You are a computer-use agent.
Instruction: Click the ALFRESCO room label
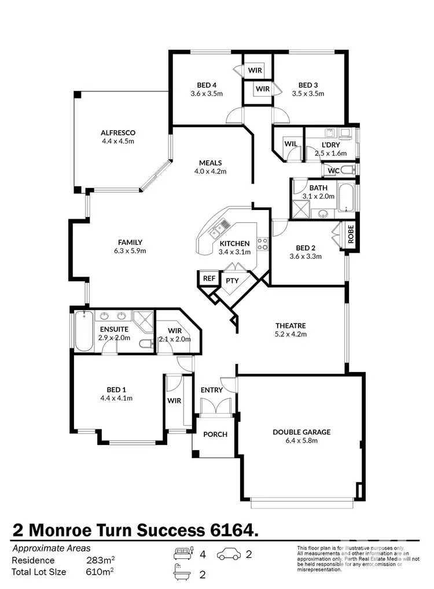[118, 132]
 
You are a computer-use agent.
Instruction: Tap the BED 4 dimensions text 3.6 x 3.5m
[207, 93]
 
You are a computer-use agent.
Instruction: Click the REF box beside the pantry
[208, 278]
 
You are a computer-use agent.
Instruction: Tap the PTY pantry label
[232, 281]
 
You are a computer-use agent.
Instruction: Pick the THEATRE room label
[290, 326]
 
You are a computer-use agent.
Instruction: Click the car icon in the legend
[230, 555]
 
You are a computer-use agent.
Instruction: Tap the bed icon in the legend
[183, 554]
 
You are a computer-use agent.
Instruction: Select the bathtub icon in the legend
[183, 574]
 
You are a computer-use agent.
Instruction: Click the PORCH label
[214, 435]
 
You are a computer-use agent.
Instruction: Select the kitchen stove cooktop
[262, 244]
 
